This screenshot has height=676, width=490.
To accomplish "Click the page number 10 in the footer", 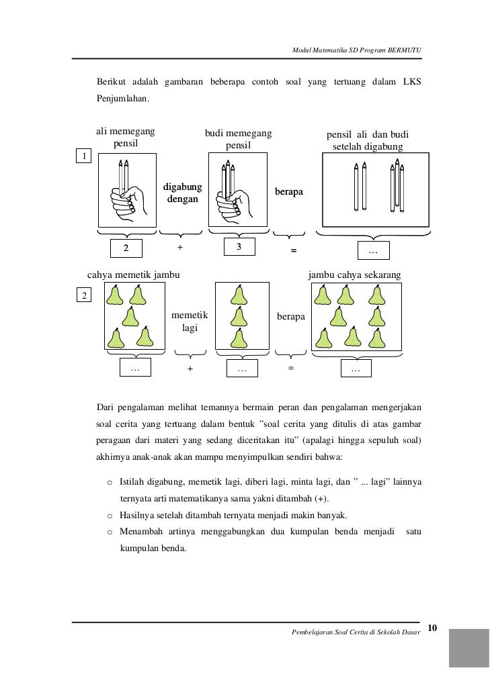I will tap(432, 628).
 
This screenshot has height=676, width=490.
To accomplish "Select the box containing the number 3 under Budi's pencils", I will tap(239, 248).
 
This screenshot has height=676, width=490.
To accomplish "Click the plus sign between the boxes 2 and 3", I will tap(179, 248).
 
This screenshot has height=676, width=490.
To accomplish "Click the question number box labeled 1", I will tap(84, 156).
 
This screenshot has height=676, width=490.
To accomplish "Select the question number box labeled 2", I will tap(84, 296).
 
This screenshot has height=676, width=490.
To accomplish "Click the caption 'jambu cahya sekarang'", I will tap(354, 275).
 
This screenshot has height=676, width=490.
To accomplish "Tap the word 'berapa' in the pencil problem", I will tap(290, 192).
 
